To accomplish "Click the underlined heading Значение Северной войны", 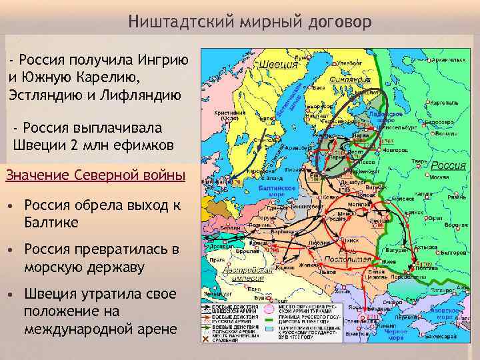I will [95, 175].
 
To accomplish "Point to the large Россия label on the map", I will [448, 165].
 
